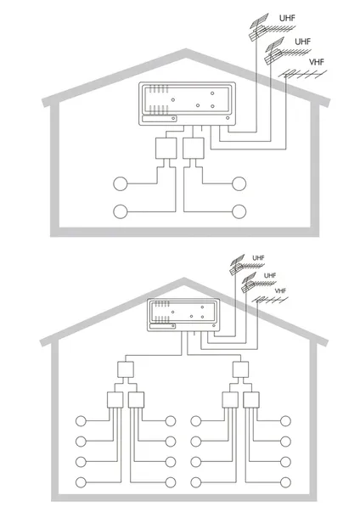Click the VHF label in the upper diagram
tap(317, 62)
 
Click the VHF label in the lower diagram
tap(280, 290)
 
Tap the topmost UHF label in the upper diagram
tap(287, 18)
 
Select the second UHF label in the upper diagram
tap(302, 42)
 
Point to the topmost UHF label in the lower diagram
tap(258, 257)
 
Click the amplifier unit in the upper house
tap(188, 104)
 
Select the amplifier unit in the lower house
tap(183, 314)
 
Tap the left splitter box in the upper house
tap(166, 149)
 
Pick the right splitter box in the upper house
tap(194, 149)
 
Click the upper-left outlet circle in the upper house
tap(121, 183)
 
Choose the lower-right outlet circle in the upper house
tap(239, 211)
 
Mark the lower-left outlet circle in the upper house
tap(121, 211)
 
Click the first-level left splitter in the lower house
tap(126, 369)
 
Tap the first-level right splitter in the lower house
tap(240, 369)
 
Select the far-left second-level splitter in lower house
tap(115, 400)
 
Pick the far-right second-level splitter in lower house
tap(251, 400)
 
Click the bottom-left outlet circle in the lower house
tap(81, 482)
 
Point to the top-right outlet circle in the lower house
tap(285, 421)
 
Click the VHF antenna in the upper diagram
tap(302, 75)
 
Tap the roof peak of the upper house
tap(186, 51)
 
